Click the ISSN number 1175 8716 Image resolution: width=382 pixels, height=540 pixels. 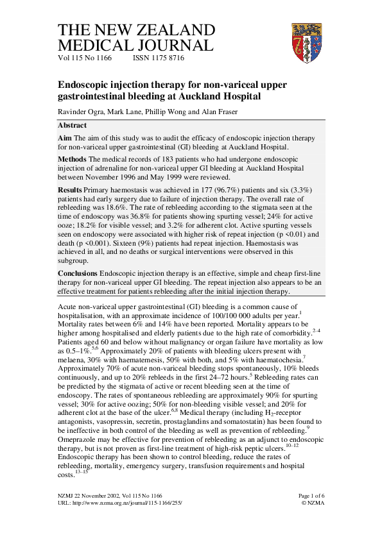(x=158, y=58)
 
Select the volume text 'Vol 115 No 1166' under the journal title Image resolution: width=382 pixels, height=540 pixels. (x=85, y=58)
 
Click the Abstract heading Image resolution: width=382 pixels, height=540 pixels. (x=77, y=126)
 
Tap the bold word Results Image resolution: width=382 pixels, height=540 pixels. (x=71, y=190)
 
